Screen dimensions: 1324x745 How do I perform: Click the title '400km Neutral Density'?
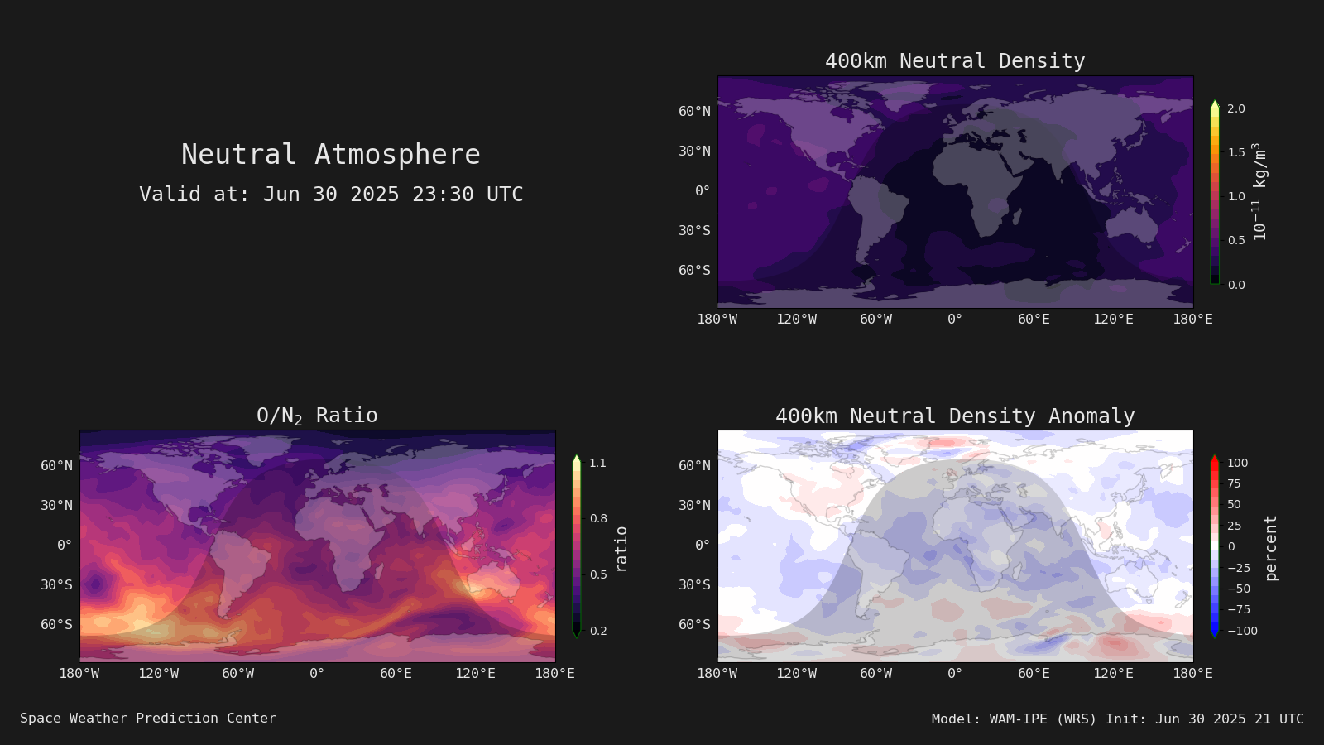tap(955, 61)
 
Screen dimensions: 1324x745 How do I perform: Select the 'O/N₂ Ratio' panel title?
tap(317, 416)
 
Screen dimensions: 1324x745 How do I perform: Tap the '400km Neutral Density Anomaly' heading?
tap(955, 416)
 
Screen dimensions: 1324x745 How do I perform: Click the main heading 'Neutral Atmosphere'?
tap(331, 154)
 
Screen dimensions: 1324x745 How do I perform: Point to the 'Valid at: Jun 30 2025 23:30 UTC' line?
tap(331, 194)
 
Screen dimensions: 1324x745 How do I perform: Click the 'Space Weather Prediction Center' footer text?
tap(148, 719)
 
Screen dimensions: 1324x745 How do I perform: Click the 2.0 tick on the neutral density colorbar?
tap(1236, 108)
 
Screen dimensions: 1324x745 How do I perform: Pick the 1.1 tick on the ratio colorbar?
tap(597, 463)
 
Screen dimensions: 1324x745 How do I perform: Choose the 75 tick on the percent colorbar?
tap(1234, 483)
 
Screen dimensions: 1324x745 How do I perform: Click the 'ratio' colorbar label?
tap(621, 550)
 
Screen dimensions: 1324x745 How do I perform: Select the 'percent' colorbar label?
tap(1271, 548)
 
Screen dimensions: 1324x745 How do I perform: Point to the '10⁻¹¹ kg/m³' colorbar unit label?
tap(1259, 191)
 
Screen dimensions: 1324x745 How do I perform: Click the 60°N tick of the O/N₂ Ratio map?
tap(57, 466)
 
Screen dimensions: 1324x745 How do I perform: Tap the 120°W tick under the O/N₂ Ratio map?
tap(158, 674)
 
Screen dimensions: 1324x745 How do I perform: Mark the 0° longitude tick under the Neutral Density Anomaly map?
tap(955, 674)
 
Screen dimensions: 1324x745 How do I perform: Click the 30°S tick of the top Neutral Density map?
tap(694, 231)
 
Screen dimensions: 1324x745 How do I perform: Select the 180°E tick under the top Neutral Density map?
tap(1192, 320)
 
